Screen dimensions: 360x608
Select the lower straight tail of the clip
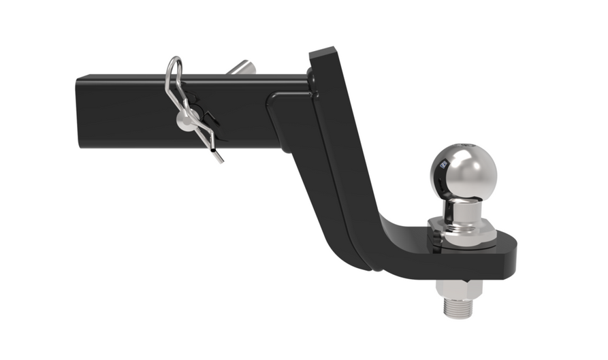pos(217,152)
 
